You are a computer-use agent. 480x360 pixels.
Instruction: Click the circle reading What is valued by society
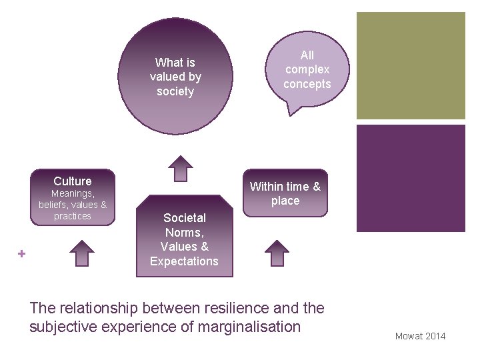(x=175, y=77)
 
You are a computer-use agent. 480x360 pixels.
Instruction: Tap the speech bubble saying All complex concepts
(x=307, y=70)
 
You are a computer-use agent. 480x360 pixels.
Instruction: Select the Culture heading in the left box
(x=73, y=181)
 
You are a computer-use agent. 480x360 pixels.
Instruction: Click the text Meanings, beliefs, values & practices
(x=73, y=205)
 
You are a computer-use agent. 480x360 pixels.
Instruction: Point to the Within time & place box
(x=285, y=193)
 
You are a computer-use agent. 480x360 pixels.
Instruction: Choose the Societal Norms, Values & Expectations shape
(x=185, y=239)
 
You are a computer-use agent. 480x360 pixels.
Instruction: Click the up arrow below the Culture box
(x=82, y=253)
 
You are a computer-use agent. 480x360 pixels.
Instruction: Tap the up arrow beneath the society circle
(x=179, y=168)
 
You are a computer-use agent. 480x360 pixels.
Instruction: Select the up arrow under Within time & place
(x=277, y=253)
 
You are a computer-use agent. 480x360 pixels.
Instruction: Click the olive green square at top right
(x=410, y=65)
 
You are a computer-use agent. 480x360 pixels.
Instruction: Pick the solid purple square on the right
(x=410, y=178)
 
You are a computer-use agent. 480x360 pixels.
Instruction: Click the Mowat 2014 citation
(x=420, y=336)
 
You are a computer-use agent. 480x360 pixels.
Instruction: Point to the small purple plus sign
(x=21, y=253)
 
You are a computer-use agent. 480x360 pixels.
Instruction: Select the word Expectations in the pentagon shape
(x=184, y=261)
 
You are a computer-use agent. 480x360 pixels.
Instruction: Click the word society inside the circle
(x=175, y=91)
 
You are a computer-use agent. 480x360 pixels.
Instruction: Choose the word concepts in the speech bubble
(x=307, y=84)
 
